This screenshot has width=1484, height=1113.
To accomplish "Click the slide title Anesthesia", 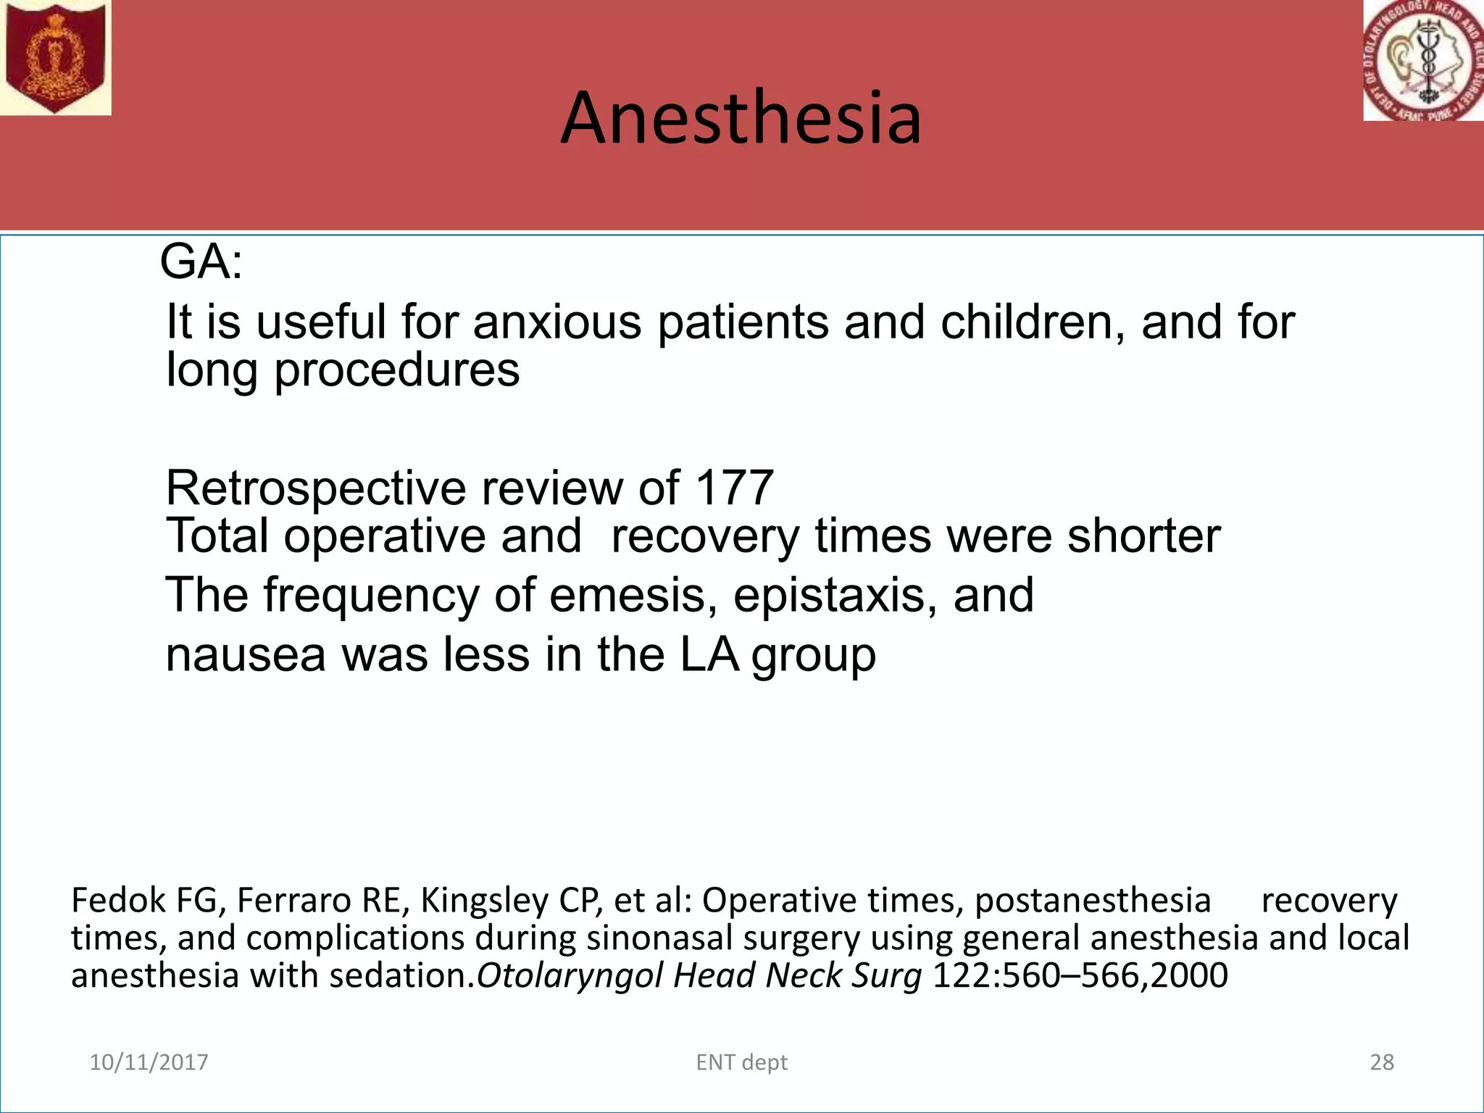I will pos(741,117).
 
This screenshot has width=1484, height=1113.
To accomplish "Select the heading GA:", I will pos(201,262).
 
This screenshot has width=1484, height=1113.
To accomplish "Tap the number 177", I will pos(733,488).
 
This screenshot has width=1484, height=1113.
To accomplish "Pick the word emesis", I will pos(633,595).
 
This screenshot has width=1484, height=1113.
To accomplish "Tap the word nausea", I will pos(246,654).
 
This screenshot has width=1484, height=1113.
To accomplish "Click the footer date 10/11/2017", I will pos(149,1062).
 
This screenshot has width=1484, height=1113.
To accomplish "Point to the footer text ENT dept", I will pos(741,1062).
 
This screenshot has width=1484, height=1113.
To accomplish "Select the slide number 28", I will pos(1382,1062).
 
